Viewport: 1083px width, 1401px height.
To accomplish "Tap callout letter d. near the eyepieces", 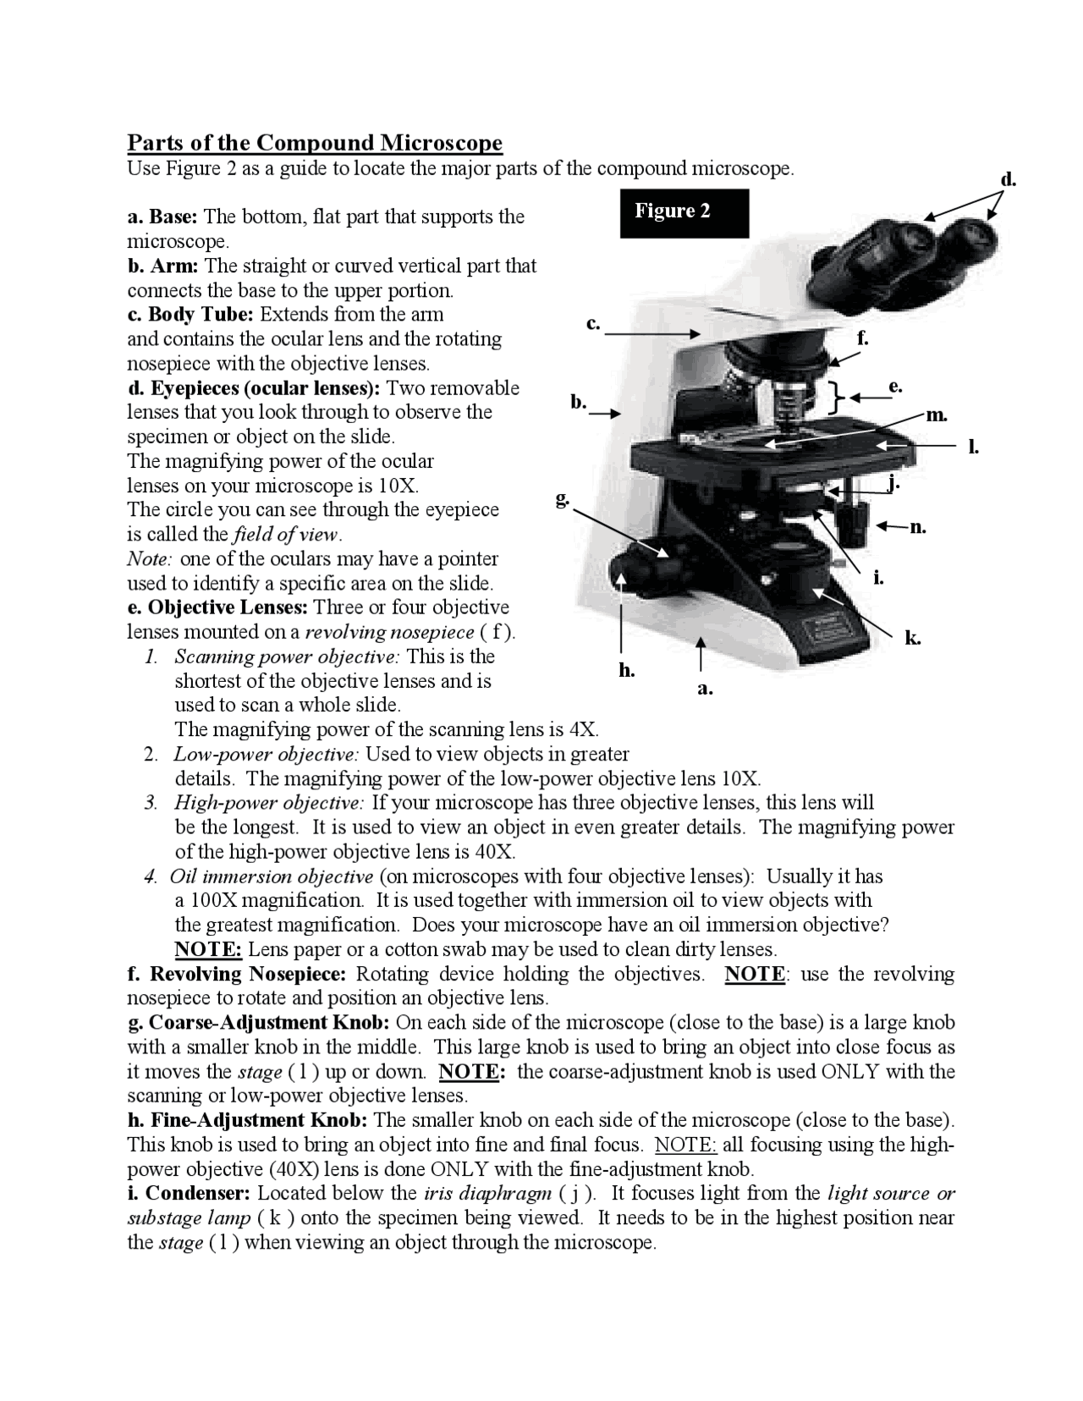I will [x=1009, y=179].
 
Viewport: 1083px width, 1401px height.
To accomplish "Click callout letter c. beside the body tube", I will [x=593, y=323].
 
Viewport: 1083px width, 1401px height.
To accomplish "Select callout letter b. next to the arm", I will [x=579, y=402].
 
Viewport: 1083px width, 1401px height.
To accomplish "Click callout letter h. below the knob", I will [x=626, y=671].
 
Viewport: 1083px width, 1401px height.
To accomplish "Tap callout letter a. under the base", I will [x=705, y=689].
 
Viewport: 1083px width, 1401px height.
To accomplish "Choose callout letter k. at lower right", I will [x=912, y=639].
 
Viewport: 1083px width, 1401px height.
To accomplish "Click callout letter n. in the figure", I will [x=918, y=527].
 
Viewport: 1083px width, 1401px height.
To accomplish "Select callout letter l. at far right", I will [x=974, y=447].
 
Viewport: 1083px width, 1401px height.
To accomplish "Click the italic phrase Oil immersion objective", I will [x=272, y=876].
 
